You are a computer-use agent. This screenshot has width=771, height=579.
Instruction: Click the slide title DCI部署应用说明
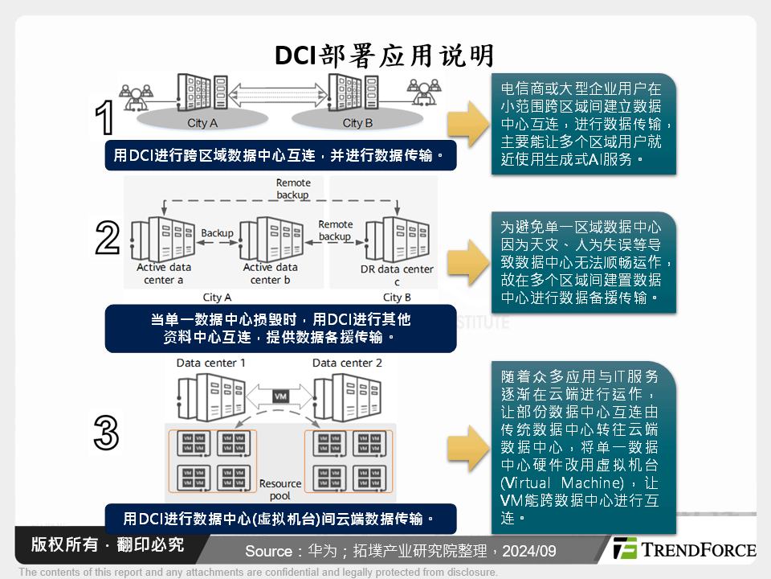pyautogui.click(x=384, y=55)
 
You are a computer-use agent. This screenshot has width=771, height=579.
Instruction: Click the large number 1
pyautogui.click(x=104, y=119)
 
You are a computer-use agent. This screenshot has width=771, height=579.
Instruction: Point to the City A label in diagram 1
pyautogui.click(x=202, y=123)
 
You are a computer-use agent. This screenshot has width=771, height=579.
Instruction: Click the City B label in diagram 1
pyautogui.click(x=357, y=123)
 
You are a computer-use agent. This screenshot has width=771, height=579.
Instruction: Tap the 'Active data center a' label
pyautogui.click(x=164, y=273)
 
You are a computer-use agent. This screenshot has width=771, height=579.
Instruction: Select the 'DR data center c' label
pyautogui.click(x=397, y=275)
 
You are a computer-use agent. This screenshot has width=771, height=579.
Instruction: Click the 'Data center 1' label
pyautogui.click(x=211, y=363)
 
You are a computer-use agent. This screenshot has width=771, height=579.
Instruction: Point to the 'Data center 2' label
pyautogui.click(x=347, y=363)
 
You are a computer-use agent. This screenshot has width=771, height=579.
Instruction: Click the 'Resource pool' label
pyautogui.click(x=280, y=490)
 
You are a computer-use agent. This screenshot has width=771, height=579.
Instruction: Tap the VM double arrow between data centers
pyautogui.click(x=281, y=396)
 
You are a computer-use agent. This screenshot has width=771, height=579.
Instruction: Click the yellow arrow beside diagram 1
pyautogui.click(x=467, y=124)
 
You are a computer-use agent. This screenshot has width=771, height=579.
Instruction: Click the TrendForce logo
pyautogui.click(x=683, y=549)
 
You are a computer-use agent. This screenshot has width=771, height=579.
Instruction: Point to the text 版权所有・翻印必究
pyautogui.click(x=108, y=544)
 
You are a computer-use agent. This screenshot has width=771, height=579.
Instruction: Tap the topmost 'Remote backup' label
pyautogui.click(x=293, y=189)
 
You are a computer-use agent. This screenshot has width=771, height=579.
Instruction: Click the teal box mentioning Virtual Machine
pyautogui.click(x=584, y=447)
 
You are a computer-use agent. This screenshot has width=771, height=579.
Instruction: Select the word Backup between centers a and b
pyautogui.click(x=217, y=233)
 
